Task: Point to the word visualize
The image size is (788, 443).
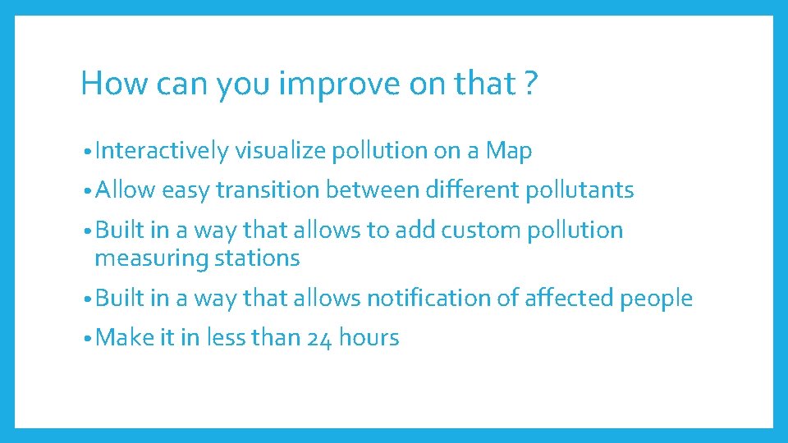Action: click(279, 151)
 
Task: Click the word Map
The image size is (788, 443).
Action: click(509, 151)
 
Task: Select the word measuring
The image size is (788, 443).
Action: click(152, 259)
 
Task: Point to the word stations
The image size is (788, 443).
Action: click(257, 258)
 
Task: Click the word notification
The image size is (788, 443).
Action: click(429, 299)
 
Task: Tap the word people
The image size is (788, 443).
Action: click(656, 299)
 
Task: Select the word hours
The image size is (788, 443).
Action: click(369, 337)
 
